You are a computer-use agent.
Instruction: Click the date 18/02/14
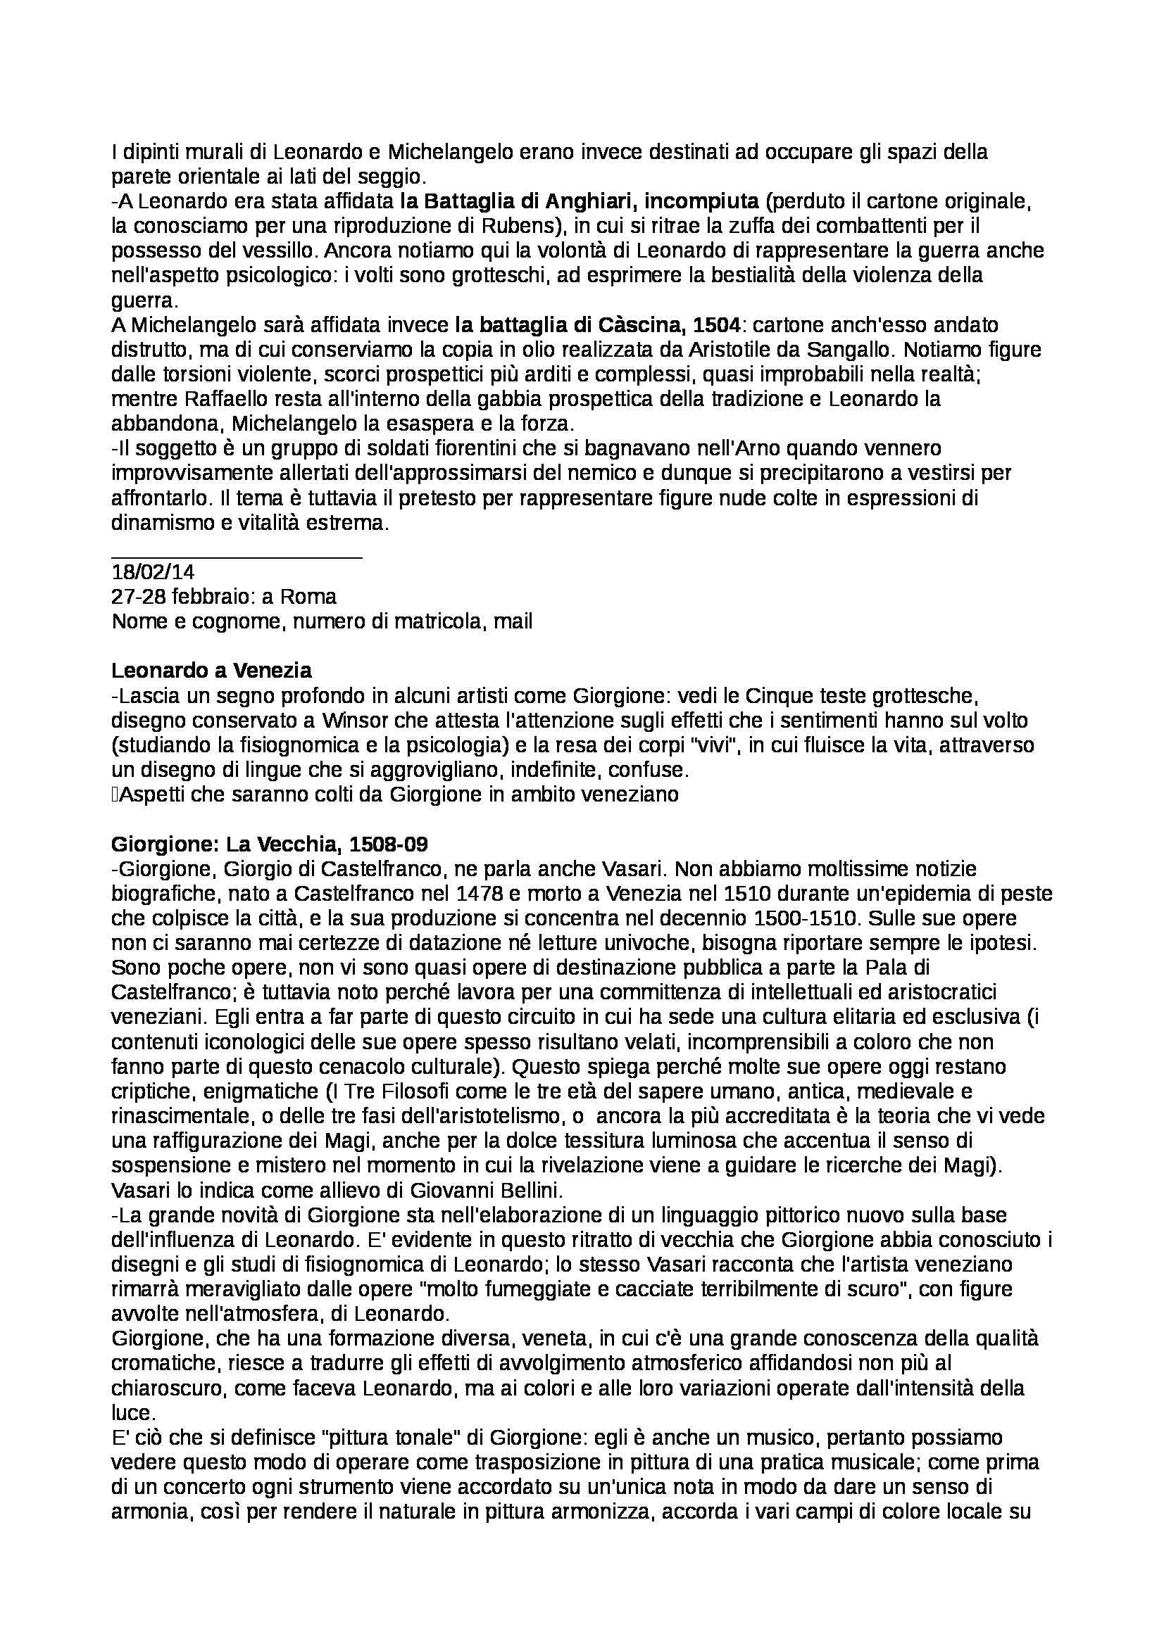point(153,572)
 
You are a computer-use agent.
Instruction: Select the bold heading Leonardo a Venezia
point(211,671)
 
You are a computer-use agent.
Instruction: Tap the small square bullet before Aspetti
point(115,795)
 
